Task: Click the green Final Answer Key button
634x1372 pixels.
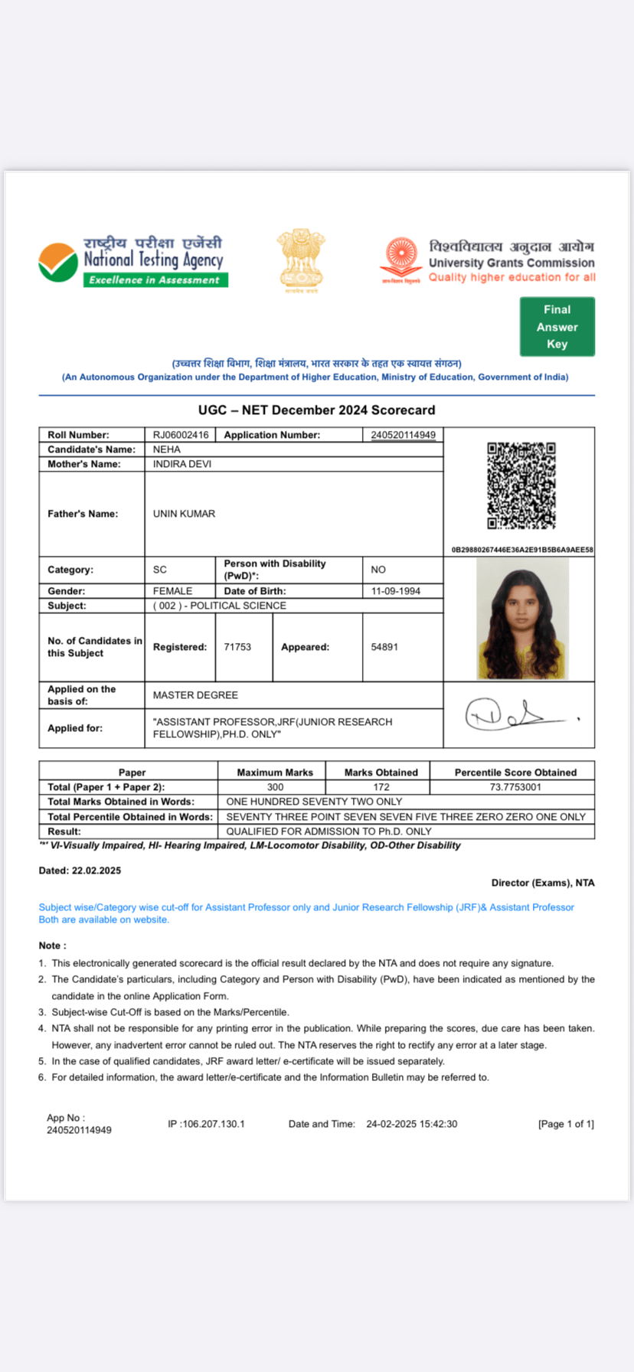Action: (557, 327)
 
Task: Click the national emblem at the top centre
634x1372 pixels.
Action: (301, 260)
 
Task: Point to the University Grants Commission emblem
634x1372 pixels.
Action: (400, 260)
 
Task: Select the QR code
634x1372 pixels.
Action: (521, 485)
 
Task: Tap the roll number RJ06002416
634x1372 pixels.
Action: (181, 435)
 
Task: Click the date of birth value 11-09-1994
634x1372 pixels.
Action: (396, 591)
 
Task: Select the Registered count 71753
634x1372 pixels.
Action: (237, 647)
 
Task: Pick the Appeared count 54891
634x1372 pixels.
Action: (384, 647)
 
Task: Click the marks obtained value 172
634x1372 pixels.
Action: (381, 787)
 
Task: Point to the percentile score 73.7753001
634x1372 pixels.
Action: (515, 787)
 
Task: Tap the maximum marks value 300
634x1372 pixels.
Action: (275, 787)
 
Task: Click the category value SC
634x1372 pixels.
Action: (160, 570)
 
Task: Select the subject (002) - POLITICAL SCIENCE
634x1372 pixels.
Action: (220, 606)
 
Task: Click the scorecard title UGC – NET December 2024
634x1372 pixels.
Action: (316, 410)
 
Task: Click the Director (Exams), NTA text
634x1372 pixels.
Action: (543, 883)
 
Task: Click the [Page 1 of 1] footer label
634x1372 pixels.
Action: (566, 1124)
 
